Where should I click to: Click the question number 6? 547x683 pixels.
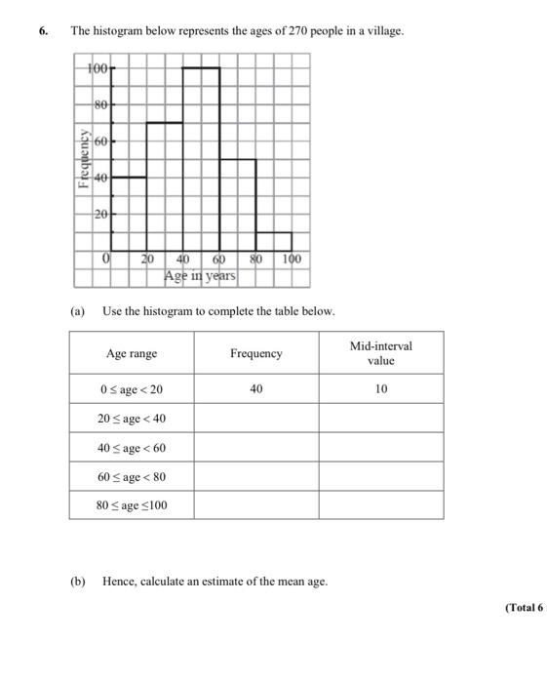coord(43,31)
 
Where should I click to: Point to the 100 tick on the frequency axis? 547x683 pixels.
coord(98,67)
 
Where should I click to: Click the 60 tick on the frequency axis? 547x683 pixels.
coord(100,141)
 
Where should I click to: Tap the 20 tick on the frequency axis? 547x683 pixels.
coord(100,214)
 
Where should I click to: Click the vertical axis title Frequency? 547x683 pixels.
coord(84,156)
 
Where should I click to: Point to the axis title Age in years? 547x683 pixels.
coord(200,276)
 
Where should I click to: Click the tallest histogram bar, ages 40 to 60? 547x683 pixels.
coord(201,156)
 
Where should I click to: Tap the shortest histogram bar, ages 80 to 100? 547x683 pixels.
coord(273,241)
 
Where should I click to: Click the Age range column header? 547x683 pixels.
coord(131,354)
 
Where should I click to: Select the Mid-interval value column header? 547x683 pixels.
coord(380,353)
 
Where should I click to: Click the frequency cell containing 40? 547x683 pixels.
coord(255,389)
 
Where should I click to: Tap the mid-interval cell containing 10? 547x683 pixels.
coord(380,389)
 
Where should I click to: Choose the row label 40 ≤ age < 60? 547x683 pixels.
coord(131,448)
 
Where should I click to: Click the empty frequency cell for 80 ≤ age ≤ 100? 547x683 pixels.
coord(255,505)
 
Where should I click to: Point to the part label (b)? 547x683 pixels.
coord(77,582)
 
